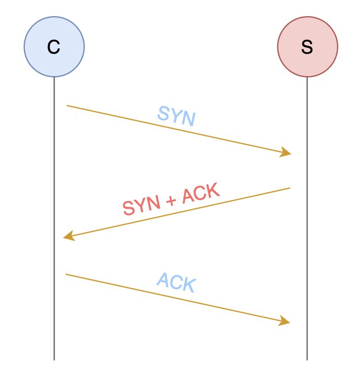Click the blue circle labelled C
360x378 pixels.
[54, 47]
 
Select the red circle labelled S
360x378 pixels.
[307, 47]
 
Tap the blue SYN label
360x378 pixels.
[177, 116]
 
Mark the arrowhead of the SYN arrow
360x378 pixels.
[286, 153]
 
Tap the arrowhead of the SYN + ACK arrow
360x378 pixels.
[68, 237]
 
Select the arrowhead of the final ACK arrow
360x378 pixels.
[285, 321]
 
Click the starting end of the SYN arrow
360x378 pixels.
[67, 106]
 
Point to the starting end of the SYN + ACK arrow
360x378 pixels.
[290, 188]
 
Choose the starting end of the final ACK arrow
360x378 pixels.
[66, 274]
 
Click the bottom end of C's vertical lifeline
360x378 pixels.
[54, 360]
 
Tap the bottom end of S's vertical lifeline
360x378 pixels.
[307, 360]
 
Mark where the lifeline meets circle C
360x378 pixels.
[54, 77]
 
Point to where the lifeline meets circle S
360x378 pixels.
[307, 77]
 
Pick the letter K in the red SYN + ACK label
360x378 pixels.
[212, 191]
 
